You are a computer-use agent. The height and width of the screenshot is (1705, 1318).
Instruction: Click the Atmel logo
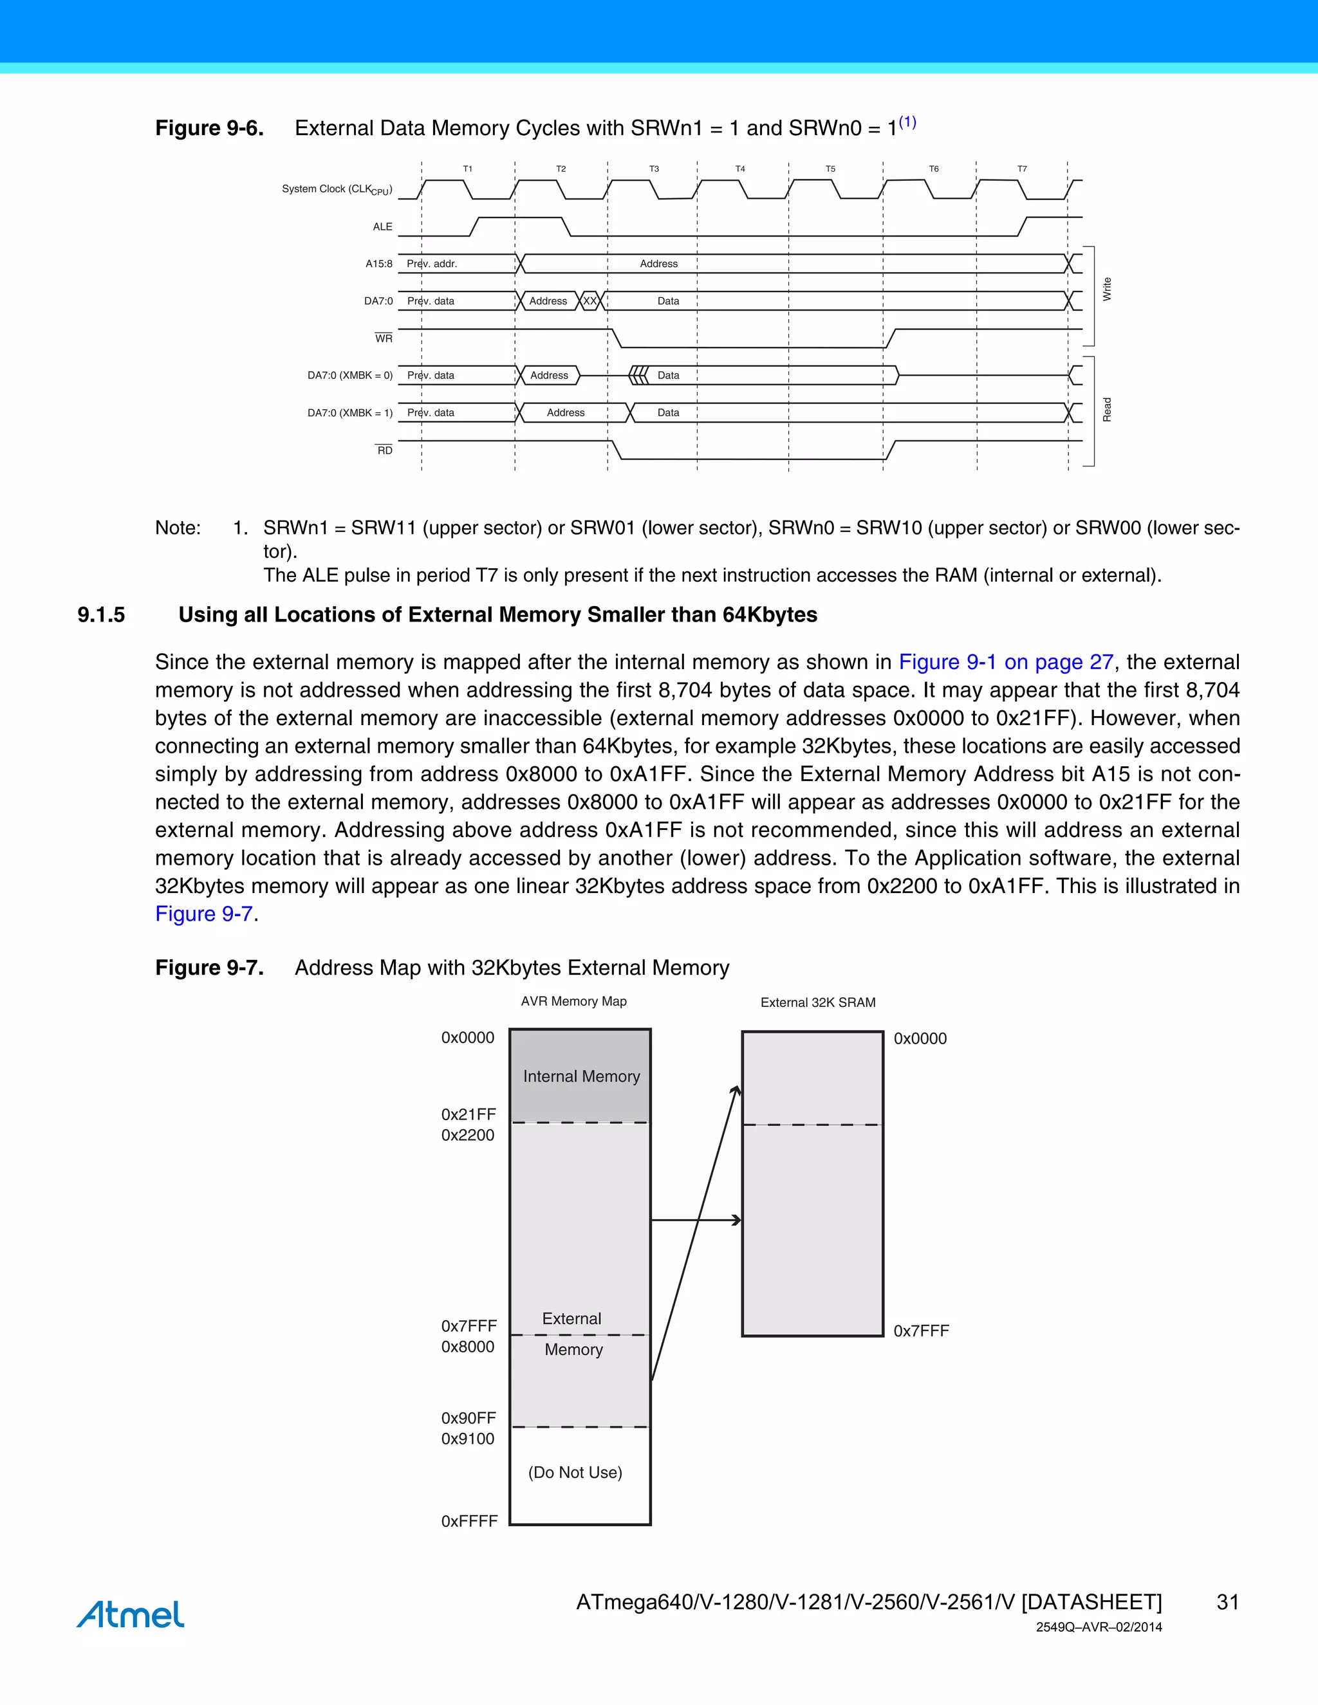click(x=131, y=1614)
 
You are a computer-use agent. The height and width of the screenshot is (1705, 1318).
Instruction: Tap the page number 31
click(x=1227, y=1602)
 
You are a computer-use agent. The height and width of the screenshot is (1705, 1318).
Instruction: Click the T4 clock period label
click(x=739, y=169)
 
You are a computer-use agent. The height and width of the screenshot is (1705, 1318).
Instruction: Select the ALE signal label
click(x=383, y=226)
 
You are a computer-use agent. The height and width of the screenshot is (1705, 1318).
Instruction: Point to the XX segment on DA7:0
click(x=589, y=301)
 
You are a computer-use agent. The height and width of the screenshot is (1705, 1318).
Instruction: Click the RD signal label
click(x=385, y=450)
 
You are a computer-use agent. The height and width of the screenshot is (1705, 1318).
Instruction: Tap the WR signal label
click(x=384, y=338)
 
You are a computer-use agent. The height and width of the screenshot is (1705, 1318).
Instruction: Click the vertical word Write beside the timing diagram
click(x=1106, y=289)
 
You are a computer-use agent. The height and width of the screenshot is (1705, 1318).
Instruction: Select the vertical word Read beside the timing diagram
click(x=1106, y=410)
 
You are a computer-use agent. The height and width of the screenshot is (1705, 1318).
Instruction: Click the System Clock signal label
click(x=337, y=190)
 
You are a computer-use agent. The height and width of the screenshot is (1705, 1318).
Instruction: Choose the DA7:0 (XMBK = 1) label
click(x=350, y=413)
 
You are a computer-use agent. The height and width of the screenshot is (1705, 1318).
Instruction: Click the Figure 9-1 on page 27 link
click(x=1006, y=662)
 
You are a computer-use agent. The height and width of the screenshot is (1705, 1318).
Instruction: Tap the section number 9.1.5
click(x=101, y=615)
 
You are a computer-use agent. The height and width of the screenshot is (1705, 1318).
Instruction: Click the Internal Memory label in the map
click(x=581, y=1076)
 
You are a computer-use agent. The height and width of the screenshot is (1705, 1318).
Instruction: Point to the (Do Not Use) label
click(x=575, y=1472)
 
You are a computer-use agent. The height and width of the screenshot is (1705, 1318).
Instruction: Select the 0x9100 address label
click(x=468, y=1439)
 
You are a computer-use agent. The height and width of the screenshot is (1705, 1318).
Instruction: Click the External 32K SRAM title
click(x=817, y=1002)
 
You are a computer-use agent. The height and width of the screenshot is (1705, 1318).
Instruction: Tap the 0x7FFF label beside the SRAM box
click(x=920, y=1331)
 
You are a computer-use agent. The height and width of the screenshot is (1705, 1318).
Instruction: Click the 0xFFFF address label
click(x=469, y=1521)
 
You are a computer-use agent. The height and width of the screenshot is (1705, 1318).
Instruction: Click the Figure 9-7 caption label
click(x=209, y=968)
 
